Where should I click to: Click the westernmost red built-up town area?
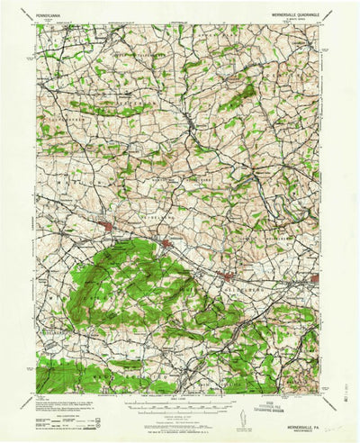[108, 226]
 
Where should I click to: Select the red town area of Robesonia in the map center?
[167, 243]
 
